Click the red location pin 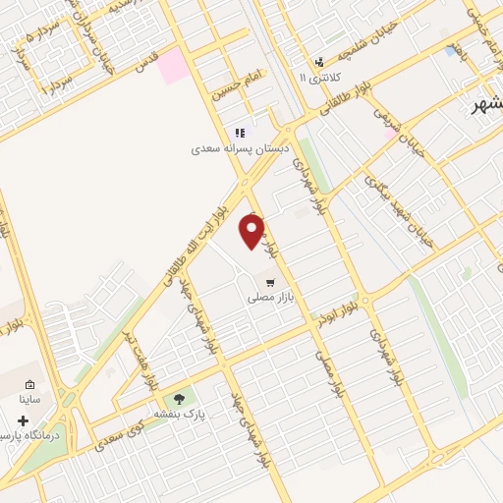pos(252,232)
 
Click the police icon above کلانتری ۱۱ pos(319,61)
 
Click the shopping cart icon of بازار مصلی pos(270,282)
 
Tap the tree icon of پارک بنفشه pos(179,399)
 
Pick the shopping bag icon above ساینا pos(29,384)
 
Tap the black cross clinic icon pos(23,420)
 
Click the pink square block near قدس pos(175,65)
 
